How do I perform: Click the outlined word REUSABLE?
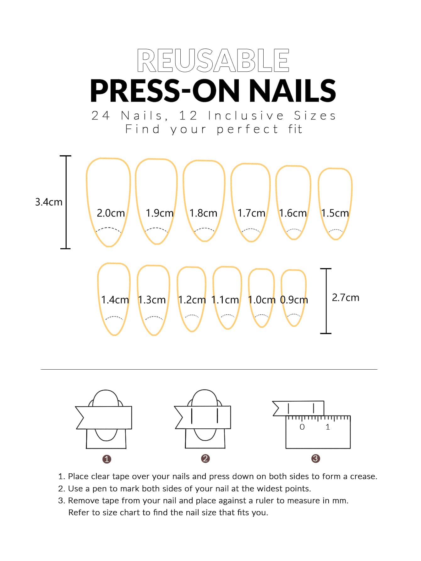(x=213, y=60)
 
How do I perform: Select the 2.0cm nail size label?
(x=111, y=213)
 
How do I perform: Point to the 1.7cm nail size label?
(x=251, y=213)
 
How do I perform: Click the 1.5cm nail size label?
(x=335, y=213)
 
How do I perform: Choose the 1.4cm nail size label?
(x=115, y=300)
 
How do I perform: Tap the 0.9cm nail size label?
(x=294, y=300)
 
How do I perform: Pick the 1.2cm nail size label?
(x=192, y=300)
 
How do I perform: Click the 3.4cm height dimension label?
(x=49, y=202)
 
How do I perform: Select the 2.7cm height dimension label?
(x=346, y=297)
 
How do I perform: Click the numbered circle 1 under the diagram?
(x=107, y=459)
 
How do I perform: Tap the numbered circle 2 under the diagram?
(x=205, y=459)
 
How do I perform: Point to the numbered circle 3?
(x=315, y=459)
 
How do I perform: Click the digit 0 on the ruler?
(x=302, y=427)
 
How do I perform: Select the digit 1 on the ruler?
(x=328, y=427)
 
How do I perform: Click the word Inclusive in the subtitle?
(x=246, y=116)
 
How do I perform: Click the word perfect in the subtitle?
(x=247, y=129)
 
